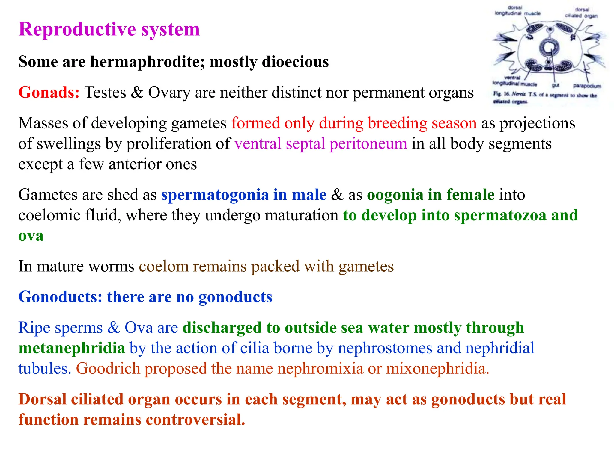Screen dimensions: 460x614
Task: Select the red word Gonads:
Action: click(49, 93)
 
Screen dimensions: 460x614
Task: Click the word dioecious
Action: click(295, 62)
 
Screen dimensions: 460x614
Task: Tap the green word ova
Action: click(31, 236)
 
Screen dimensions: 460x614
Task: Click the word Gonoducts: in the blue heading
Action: click(60, 297)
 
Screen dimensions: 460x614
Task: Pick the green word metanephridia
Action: click(72, 348)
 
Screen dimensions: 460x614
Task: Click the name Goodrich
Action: click(108, 369)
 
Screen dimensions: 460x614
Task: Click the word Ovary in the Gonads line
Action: click(169, 93)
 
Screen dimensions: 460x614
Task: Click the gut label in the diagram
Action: click(556, 85)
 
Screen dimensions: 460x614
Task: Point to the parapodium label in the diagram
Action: click(587, 86)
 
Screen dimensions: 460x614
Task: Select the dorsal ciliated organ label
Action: click(581, 13)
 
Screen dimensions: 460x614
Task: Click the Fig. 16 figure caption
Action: click(545, 98)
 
